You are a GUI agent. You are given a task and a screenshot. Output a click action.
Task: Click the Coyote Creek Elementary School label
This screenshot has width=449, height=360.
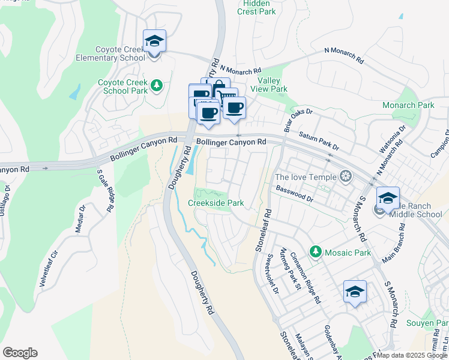pos(120,54)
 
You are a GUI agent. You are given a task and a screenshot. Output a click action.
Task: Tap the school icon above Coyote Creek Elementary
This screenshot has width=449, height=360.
pos(154,41)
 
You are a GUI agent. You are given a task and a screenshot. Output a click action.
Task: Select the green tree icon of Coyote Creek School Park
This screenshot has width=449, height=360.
pos(157,85)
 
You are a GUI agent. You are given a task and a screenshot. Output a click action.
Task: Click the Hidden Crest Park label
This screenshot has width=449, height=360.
pos(256,7)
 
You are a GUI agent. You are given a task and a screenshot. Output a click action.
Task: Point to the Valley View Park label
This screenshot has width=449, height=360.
pos(273,85)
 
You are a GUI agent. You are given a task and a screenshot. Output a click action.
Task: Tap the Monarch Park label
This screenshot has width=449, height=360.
pos(408,105)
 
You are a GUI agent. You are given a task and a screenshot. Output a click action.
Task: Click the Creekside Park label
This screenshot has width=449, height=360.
pos(215,203)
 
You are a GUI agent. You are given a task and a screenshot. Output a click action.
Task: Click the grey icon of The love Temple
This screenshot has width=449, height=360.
pos(345,176)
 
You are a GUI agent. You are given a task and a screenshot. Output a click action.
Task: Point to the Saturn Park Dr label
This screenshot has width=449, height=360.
pos(319,142)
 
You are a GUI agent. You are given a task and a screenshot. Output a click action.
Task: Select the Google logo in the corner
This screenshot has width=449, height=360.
pos(20,353)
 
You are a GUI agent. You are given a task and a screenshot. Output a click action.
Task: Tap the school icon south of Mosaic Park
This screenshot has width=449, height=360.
pos(355,292)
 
